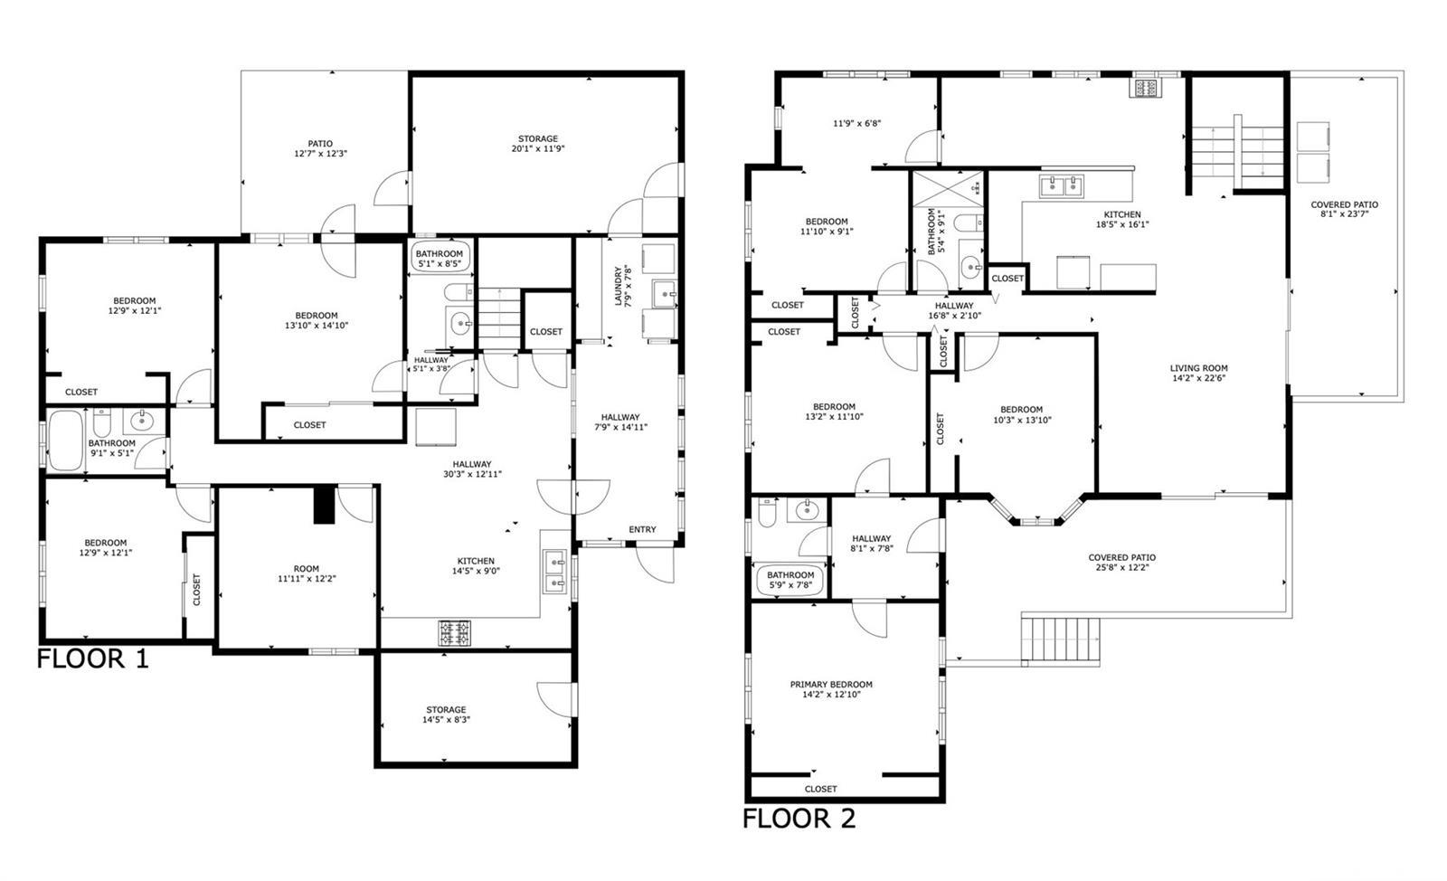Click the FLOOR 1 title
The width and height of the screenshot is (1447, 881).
(92, 658)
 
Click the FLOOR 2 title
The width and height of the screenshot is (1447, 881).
(799, 819)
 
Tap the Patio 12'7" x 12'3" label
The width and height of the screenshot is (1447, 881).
(320, 148)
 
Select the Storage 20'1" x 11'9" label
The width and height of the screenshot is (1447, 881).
(537, 144)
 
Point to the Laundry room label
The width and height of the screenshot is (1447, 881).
(623, 286)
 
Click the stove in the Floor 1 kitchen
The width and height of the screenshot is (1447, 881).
(455, 633)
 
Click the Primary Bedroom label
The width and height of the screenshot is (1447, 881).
(831, 689)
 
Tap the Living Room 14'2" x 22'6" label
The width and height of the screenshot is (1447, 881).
(1199, 373)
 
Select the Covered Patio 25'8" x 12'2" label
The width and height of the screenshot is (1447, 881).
(1122, 563)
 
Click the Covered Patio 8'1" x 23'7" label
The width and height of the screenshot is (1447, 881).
(1344, 209)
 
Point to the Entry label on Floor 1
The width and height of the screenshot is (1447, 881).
(642, 530)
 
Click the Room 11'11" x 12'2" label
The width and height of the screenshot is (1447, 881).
(307, 573)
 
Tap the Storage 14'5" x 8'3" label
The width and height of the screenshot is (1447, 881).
(446, 715)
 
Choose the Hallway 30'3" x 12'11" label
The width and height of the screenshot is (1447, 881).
(472, 469)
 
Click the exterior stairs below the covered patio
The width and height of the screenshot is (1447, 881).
(1061, 639)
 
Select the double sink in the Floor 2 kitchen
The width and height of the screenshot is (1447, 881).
(1062, 186)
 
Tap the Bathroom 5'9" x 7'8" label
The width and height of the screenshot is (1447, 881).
(790, 580)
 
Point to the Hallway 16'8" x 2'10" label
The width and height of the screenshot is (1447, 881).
(954, 310)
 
